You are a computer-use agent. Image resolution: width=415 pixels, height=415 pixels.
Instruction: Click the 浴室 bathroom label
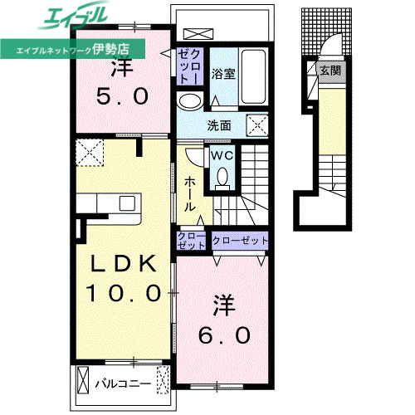(x=223, y=74)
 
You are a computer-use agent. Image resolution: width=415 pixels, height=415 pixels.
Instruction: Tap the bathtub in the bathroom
(x=254, y=76)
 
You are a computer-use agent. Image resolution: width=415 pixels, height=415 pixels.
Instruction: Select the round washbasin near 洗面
(x=190, y=100)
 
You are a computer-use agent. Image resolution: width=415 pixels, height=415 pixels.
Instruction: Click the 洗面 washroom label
(x=219, y=125)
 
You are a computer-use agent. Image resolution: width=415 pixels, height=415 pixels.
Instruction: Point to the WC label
(x=222, y=155)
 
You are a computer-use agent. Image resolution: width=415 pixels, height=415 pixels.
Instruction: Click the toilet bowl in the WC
(x=222, y=176)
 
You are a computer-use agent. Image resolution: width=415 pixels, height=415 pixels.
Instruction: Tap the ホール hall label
(x=190, y=194)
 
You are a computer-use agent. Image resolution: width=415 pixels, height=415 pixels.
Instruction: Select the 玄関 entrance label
(x=330, y=71)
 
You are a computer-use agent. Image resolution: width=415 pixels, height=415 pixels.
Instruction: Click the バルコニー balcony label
(x=123, y=383)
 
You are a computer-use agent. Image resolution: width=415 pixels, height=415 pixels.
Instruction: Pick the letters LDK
(x=123, y=264)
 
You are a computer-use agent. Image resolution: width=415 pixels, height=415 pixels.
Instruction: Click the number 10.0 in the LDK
(x=124, y=293)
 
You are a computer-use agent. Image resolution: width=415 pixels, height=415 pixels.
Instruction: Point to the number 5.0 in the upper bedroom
(x=122, y=96)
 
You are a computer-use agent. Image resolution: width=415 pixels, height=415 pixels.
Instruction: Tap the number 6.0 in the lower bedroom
(x=224, y=335)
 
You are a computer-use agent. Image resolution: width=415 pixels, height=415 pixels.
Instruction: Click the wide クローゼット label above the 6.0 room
(x=240, y=241)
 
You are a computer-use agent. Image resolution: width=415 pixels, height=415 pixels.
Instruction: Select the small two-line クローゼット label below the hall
(x=191, y=241)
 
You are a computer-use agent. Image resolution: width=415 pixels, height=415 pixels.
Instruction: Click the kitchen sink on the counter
(x=127, y=203)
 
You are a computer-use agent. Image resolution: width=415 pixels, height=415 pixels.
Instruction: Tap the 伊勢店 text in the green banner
(x=110, y=49)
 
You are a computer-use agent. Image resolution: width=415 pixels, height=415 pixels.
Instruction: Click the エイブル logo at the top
(x=74, y=15)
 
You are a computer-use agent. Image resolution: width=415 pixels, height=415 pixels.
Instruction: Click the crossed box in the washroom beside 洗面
(x=257, y=125)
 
